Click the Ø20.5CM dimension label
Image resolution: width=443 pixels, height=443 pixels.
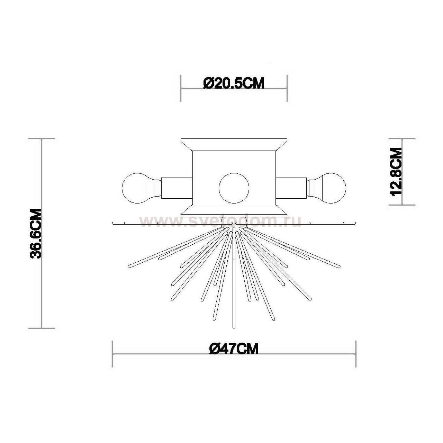234,83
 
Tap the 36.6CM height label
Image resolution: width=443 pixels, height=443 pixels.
36,234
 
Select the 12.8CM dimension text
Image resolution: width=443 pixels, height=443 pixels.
396,172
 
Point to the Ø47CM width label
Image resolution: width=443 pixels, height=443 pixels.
234,349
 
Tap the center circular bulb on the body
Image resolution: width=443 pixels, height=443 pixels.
234,188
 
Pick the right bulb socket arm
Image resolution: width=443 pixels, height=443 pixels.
291,188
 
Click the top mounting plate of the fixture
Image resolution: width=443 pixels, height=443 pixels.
234,144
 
